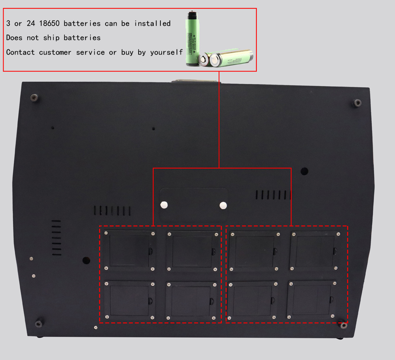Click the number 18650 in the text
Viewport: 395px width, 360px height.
[50, 23]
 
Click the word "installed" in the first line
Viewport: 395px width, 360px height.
[152, 23]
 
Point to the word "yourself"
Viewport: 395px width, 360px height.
[166, 52]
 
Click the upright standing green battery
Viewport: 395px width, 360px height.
[192, 39]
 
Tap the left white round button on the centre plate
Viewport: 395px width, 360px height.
[164, 204]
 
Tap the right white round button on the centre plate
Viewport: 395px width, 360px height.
[223, 205]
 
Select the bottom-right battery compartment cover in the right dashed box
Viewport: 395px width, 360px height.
[312, 299]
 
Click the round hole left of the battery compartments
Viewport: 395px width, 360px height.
[86, 261]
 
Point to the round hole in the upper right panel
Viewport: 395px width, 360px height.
[304, 171]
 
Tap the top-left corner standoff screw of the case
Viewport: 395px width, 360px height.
[34, 97]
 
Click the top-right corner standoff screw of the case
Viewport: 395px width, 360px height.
[357, 103]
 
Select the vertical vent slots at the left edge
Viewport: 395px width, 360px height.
[56, 238]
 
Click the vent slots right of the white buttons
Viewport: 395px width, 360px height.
[273, 194]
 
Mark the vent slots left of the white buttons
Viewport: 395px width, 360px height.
[112, 210]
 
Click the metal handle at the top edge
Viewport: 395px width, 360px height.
[195, 81]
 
